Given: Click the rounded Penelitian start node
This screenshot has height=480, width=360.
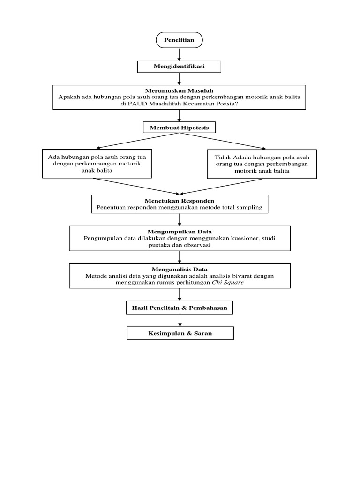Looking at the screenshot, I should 179,40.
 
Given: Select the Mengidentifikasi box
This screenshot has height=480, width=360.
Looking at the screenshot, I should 179,67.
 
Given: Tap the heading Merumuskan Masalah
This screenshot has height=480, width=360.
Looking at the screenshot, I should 179,90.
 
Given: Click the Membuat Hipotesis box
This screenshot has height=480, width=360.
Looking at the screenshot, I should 179,127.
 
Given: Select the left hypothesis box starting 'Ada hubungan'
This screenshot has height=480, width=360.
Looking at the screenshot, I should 97,164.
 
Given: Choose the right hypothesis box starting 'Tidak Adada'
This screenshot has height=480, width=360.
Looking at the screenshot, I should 262,164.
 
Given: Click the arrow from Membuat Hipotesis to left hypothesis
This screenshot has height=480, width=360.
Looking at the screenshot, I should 136,141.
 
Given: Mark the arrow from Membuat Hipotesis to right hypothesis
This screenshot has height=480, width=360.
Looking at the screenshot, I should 223,141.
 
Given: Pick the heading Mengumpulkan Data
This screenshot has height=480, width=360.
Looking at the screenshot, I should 179,232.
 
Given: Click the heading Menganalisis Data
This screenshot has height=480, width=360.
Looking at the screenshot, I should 179,269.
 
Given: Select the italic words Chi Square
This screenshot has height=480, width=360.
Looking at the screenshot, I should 228,283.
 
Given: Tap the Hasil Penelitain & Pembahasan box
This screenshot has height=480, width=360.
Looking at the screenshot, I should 180,308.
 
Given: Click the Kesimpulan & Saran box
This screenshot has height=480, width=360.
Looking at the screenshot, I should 180,333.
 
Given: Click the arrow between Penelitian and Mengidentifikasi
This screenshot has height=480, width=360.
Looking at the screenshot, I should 179,54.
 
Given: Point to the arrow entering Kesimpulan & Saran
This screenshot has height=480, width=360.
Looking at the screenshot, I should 180,321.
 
